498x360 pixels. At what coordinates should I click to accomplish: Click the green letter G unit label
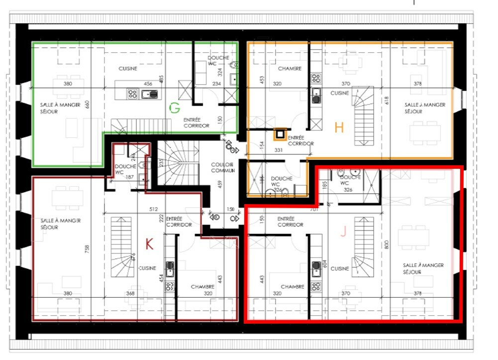point(174,108)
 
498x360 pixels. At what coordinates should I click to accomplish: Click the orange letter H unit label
point(339,128)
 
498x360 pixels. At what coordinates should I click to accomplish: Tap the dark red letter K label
point(149,243)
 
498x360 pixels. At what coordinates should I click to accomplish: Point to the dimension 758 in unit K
point(88,249)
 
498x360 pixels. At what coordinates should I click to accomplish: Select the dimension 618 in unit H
point(386,100)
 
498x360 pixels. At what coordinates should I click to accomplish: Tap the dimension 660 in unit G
point(87,105)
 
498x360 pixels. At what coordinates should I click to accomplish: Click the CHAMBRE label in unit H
point(290,69)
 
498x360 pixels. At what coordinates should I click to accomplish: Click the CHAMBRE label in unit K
point(202,287)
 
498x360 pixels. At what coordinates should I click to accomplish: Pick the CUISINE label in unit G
point(128,68)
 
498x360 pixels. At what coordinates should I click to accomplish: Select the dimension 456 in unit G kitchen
point(148,84)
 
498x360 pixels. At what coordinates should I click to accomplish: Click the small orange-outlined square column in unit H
point(280,133)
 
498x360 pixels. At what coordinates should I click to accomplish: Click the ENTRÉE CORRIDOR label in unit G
point(196,122)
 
